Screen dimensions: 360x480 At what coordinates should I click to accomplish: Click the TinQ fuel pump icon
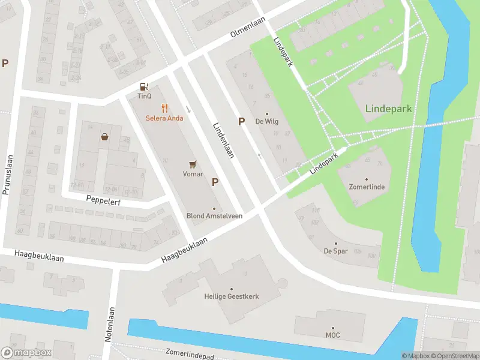tap(144, 86)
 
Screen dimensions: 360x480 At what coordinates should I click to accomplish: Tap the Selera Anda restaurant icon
tap(164, 108)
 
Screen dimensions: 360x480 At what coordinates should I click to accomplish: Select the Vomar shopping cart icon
tap(193, 164)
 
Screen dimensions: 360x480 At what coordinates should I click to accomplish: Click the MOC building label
tap(333, 335)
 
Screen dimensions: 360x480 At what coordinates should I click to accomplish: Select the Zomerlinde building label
tap(367, 187)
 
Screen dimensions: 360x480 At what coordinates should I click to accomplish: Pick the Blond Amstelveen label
tap(214, 216)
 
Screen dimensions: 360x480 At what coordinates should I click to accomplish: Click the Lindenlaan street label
tap(223, 140)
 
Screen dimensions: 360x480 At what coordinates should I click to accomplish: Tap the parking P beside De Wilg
tap(242, 122)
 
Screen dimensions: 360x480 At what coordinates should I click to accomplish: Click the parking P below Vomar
tap(215, 182)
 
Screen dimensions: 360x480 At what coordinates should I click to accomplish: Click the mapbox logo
tap(26, 352)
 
